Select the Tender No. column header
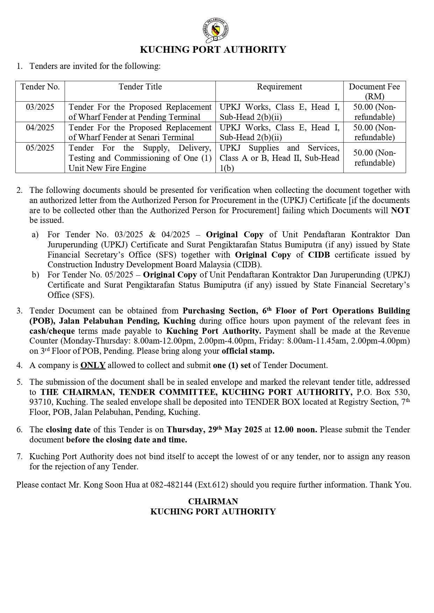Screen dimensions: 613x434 (40, 87)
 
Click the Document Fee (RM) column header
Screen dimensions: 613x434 (374, 91)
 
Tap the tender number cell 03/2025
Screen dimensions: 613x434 (40, 107)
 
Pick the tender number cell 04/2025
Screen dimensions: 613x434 (40, 128)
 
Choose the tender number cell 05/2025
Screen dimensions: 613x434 (40, 148)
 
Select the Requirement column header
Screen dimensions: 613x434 (279, 87)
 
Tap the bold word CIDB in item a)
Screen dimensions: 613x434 (319, 255)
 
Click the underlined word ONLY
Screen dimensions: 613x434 (93, 365)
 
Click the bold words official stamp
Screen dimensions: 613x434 (248, 351)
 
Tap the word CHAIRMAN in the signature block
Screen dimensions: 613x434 (213, 502)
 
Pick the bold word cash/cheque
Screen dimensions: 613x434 (52, 331)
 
